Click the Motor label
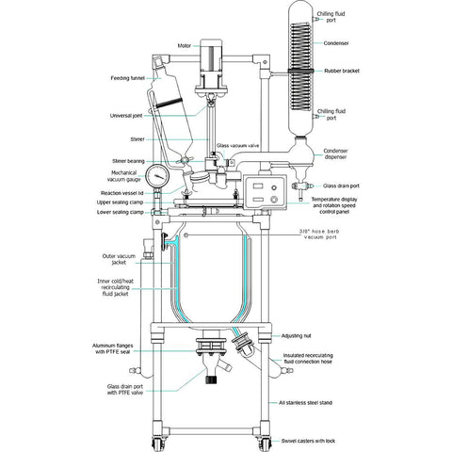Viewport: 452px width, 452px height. point(185,46)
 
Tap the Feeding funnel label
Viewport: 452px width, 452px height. point(127,78)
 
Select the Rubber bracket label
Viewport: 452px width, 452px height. point(342,71)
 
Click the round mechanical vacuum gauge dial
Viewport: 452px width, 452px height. point(157,176)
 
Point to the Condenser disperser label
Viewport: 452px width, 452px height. point(336,153)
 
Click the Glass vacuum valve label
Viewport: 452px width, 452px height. point(237,146)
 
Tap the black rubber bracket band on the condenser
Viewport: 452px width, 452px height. point(301,72)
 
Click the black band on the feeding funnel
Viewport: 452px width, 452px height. point(169,103)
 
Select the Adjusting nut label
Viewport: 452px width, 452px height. point(296,336)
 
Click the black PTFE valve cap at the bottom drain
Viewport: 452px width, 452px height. point(212,379)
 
